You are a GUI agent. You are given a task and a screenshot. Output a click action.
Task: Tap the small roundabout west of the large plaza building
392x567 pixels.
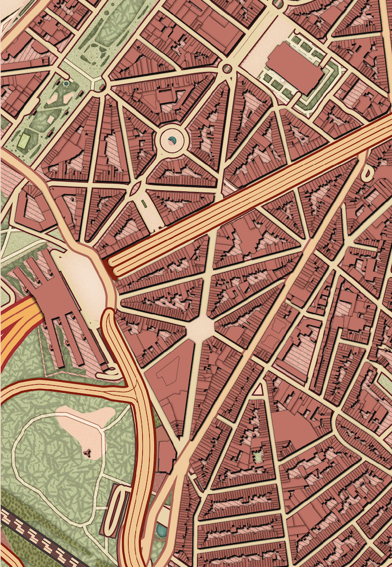click(227, 69)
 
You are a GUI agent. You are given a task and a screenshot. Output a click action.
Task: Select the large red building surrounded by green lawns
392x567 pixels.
click(294, 67)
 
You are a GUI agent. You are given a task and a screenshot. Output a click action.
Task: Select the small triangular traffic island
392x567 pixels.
click(258, 390)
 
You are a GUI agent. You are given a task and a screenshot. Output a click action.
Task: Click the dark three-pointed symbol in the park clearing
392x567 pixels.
click(87, 453)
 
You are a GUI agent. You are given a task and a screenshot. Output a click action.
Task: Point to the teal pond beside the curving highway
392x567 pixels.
click(161, 531)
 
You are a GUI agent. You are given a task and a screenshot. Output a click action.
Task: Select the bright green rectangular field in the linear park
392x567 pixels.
click(25, 140)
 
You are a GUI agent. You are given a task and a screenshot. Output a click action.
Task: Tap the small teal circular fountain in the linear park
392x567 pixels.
click(66, 83)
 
